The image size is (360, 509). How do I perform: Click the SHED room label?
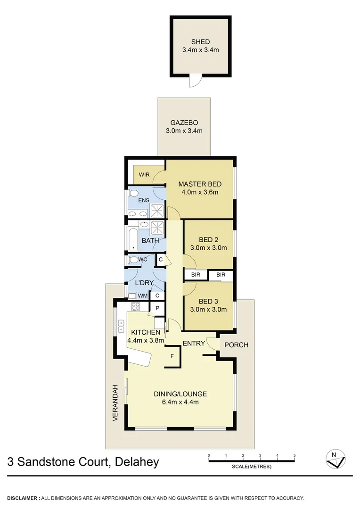click(x=201, y=42)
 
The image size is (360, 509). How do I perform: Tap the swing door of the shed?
click(x=193, y=82)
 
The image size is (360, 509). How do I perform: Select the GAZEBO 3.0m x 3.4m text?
click(x=184, y=126)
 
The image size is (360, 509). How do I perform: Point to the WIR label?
click(x=144, y=175)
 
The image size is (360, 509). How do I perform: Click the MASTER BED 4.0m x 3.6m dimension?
click(x=200, y=192)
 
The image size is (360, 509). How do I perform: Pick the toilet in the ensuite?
click(x=133, y=193)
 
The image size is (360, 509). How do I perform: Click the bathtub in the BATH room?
click(x=133, y=237)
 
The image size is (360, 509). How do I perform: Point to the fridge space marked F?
click(x=172, y=356)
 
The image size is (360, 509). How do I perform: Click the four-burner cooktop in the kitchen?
click(x=136, y=306)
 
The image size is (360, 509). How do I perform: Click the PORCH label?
click(x=236, y=345)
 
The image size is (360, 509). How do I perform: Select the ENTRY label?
click(x=194, y=343)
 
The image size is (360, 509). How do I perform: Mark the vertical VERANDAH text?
click(x=115, y=401)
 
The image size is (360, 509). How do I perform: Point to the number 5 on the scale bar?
click(x=295, y=455)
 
